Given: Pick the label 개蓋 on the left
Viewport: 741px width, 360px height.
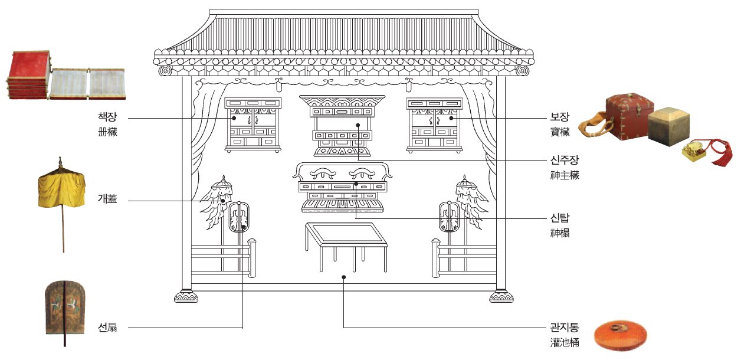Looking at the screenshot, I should [x=107, y=199].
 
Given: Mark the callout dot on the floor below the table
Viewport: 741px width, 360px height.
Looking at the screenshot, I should [x=343, y=276].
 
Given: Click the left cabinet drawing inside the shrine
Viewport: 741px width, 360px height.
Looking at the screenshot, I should [x=253, y=125].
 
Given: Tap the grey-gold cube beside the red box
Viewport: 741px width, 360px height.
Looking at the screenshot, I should [x=670, y=126].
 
